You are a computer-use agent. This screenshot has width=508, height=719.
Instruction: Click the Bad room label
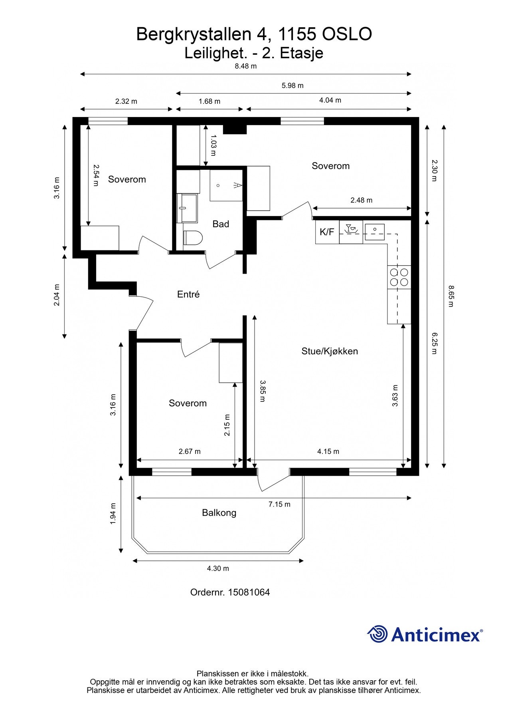(221, 224)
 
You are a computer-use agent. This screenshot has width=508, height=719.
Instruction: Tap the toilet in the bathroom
(193, 238)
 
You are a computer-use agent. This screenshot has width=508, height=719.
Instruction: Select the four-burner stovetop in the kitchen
(399, 277)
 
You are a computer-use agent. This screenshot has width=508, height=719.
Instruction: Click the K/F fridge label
(327, 232)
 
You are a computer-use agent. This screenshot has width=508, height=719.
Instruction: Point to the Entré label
(188, 294)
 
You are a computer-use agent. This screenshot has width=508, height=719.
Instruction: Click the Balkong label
(219, 512)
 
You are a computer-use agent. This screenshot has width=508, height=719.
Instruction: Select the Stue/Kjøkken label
(330, 351)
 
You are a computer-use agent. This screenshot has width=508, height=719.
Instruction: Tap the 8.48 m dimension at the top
(245, 66)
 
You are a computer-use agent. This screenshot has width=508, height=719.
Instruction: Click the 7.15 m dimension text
(279, 504)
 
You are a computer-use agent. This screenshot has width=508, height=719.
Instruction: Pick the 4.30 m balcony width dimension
(218, 568)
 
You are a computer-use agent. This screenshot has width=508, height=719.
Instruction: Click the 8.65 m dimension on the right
(451, 296)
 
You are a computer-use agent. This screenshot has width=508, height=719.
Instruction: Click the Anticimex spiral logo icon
(377, 634)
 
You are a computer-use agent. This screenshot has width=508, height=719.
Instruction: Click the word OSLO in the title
(347, 34)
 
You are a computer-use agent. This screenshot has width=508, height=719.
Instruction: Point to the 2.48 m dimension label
(362, 200)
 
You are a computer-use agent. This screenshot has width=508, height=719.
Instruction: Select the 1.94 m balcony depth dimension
(113, 513)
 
